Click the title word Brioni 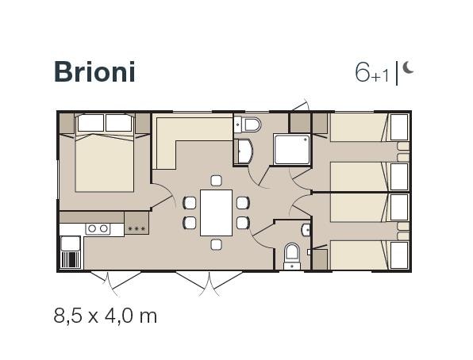(94, 71)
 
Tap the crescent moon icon (408, 67)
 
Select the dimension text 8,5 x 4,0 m (106, 316)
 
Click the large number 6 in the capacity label (363, 73)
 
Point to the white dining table (217, 213)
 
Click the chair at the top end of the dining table (217, 181)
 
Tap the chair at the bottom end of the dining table (217, 244)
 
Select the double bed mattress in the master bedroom (105, 163)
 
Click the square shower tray (292, 150)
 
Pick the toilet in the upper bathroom (251, 124)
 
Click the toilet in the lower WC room (292, 253)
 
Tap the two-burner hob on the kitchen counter (98, 228)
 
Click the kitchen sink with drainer (71, 252)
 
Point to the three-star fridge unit (137, 223)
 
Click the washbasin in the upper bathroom (244, 151)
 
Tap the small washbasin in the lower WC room (306, 230)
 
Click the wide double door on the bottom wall (210, 283)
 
